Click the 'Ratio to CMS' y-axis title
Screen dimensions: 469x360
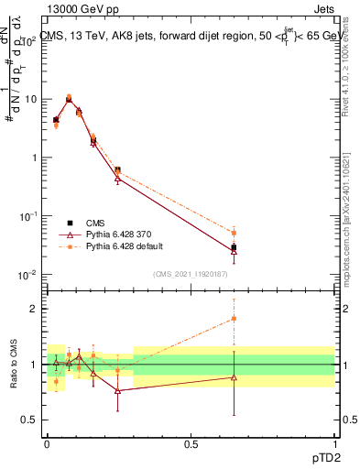(x=14, y=365)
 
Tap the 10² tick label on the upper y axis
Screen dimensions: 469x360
(x=30, y=39)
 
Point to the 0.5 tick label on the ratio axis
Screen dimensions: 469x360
(x=32, y=420)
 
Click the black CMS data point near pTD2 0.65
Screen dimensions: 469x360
(x=234, y=247)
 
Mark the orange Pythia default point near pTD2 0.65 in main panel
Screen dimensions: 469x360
(x=234, y=233)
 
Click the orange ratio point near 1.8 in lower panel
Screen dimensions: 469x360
(x=234, y=319)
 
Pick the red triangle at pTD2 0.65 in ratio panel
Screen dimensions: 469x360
(x=234, y=377)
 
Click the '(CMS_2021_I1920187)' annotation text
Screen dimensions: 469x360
(x=191, y=274)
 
